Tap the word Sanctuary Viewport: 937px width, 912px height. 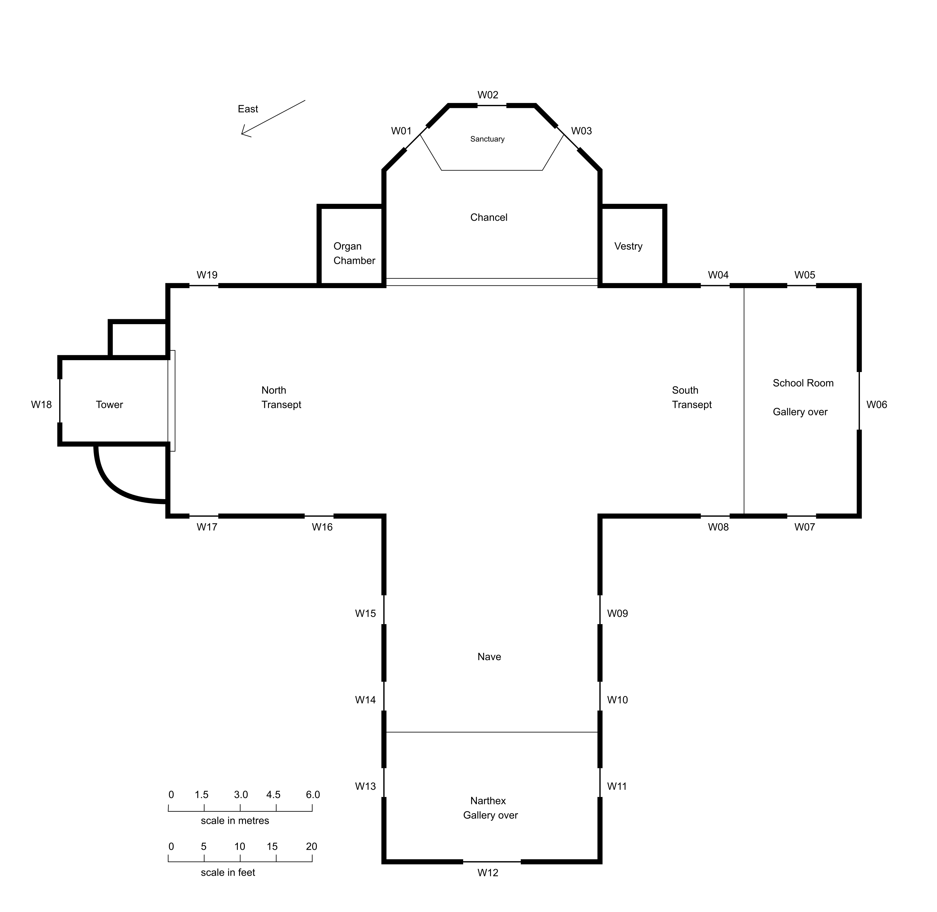pos(487,139)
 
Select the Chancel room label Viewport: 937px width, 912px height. pos(488,217)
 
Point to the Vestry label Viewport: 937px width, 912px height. pos(628,246)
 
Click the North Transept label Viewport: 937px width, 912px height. pos(281,398)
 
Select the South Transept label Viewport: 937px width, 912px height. pos(692,398)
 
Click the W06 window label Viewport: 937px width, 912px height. pos(877,405)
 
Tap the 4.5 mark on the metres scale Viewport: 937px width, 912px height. pos(273,795)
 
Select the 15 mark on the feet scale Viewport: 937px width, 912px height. pos(272,846)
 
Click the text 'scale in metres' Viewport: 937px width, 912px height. pos(235,821)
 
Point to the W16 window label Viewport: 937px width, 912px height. pos(322,527)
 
